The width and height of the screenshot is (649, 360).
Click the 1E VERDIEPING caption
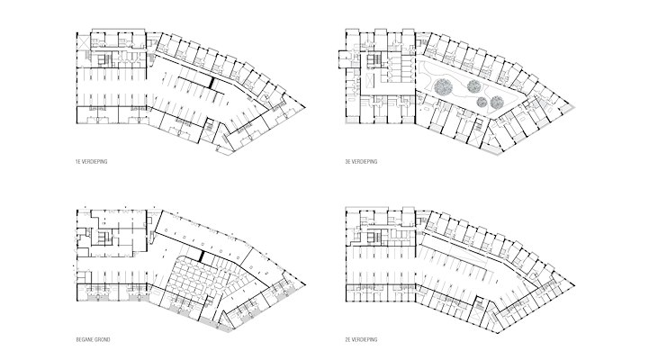[x=92, y=162]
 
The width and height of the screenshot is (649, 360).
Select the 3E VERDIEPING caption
[x=361, y=162]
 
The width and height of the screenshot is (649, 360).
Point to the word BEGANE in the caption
[x=84, y=339]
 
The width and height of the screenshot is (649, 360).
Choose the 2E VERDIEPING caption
[x=361, y=339]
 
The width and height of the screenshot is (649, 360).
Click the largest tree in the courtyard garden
[x=443, y=86]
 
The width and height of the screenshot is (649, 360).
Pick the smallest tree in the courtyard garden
[x=482, y=102]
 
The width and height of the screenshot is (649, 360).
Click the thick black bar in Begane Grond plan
[x=203, y=256]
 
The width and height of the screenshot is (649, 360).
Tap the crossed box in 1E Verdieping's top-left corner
[x=83, y=41]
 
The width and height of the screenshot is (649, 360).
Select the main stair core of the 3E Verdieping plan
[x=376, y=59]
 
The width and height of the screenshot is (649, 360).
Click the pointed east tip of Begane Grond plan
[x=305, y=285]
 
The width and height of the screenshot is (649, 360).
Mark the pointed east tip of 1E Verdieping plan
[x=305, y=107]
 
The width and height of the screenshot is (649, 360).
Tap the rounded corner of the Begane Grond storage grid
[x=178, y=260]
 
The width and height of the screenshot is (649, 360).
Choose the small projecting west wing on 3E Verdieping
[x=345, y=58]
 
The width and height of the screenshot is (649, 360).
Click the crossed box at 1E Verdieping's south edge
[x=206, y=138]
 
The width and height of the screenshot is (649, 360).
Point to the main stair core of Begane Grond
[x=104, y=238]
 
